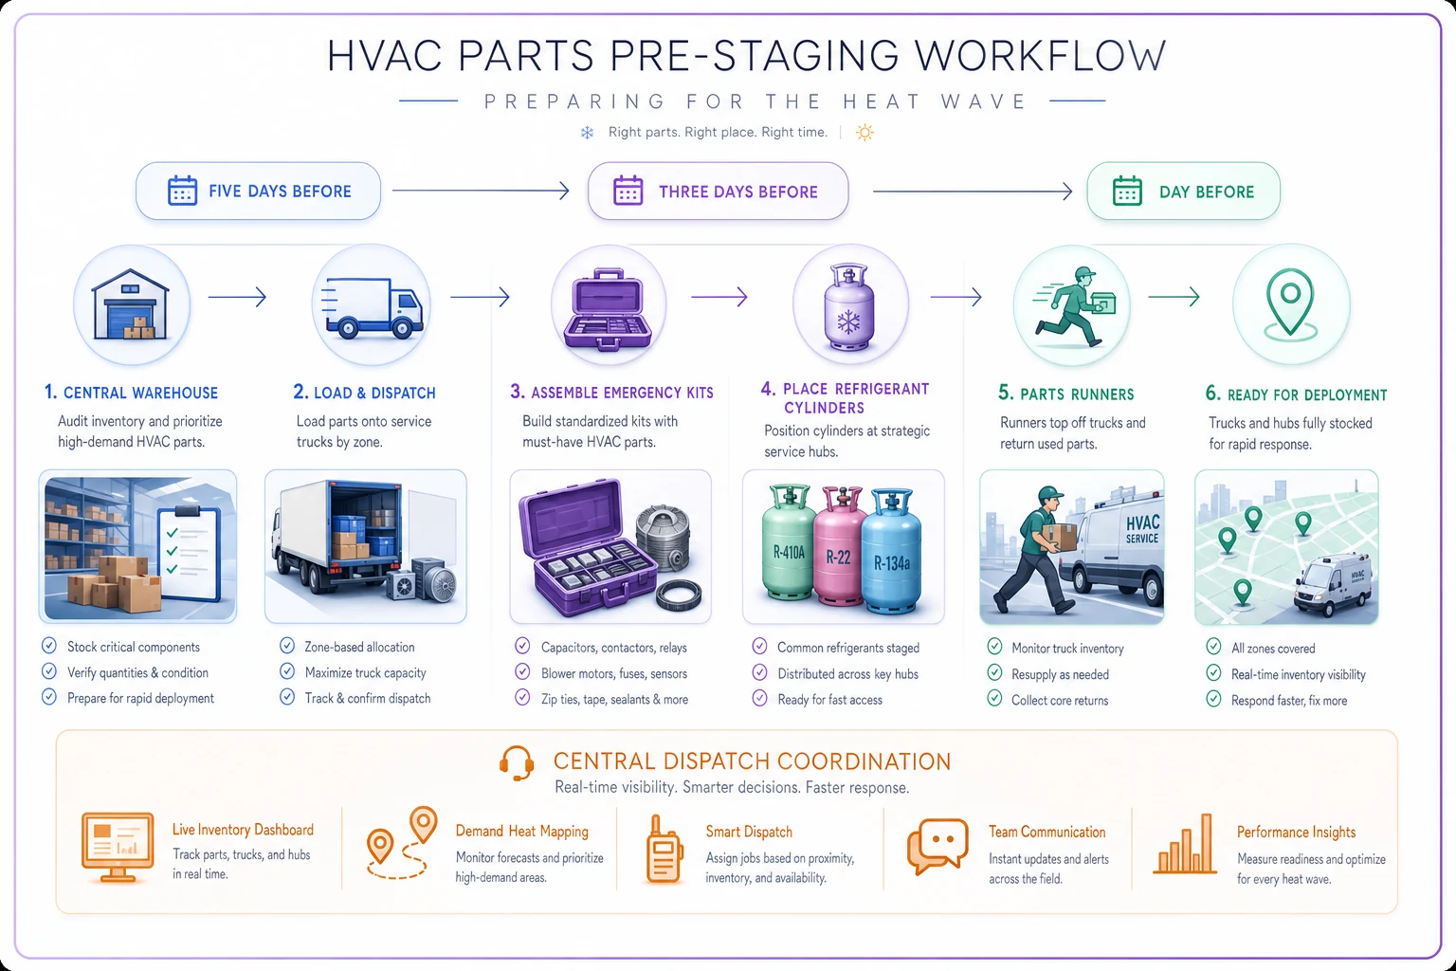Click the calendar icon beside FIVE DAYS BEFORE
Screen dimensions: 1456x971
pos(182,192)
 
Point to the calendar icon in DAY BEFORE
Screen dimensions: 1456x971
pos(1127,192)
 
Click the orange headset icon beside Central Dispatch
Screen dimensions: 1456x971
pos(517,762)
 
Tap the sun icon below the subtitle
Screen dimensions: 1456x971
pos(864,133)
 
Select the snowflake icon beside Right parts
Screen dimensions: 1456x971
pos(587,133)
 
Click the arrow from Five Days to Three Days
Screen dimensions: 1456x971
pos(481,191)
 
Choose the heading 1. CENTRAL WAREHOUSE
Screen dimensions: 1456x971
pos(132,393)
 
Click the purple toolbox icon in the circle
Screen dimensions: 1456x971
pos(609,309)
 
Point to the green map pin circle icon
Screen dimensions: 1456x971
pos(1291,304)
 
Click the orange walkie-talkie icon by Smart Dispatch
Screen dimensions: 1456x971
pos(664,850)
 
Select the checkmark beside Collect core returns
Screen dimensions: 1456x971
pos(994,699)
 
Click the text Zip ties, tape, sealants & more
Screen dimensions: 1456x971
pos(614,700)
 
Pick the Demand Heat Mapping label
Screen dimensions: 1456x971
pos(522,832)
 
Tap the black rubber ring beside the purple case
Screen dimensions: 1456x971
pos(679,595)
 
